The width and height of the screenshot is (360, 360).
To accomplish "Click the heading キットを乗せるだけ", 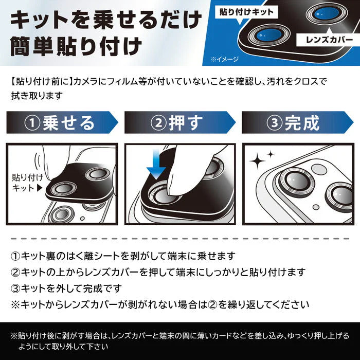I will (105, 20).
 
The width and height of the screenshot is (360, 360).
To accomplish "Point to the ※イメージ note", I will (224, 60).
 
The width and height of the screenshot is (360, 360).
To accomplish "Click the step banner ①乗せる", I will (62, 123).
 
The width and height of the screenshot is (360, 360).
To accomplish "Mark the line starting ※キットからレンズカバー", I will (159, 304).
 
